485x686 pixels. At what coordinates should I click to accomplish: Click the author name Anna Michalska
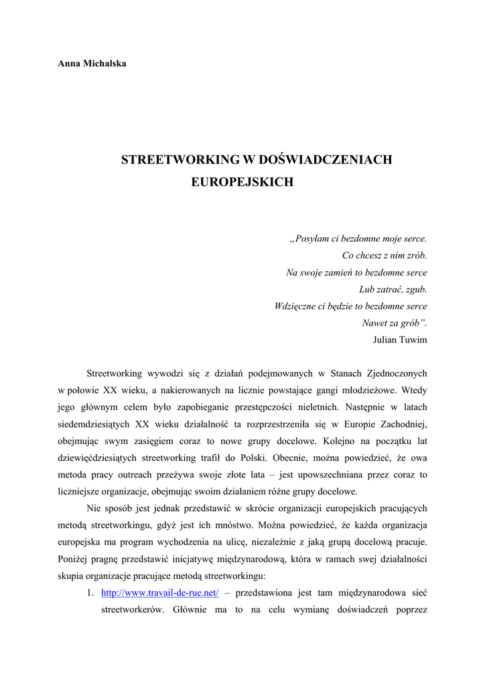pos(92,64)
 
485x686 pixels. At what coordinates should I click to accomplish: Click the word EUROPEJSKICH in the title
pos(242,182)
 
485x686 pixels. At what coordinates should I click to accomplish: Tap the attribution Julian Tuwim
pos(399,340)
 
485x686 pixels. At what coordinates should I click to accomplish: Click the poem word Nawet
pos(374,323)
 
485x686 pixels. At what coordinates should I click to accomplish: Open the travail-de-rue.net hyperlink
pos(159,593)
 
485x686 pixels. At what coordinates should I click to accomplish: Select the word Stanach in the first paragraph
pos(348,373)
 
